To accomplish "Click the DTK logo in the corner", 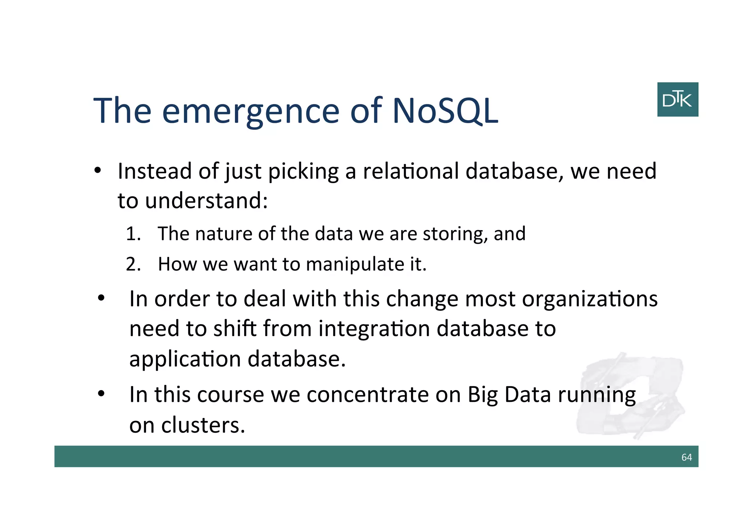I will click(x=677, y=99).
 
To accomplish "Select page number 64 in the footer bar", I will click(x=686, y=457).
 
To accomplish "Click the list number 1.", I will click(x=133, y=234).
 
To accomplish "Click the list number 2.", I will click(x=133, y=264).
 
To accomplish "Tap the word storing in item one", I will click(x=455, y=234).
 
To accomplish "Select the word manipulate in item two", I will click(x=354, y=264).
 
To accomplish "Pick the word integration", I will click(x=374, y=328).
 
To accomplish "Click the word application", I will click(x=185, y=359).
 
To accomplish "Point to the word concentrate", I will click(x=367, y=395).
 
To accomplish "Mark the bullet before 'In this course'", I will click(x=101, y=394).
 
